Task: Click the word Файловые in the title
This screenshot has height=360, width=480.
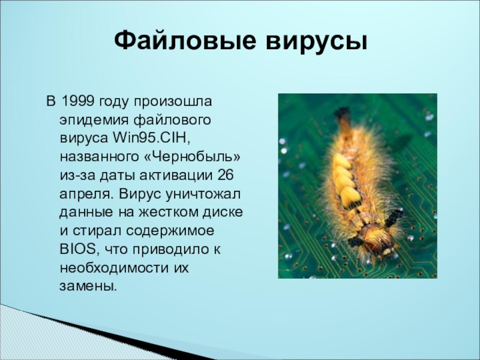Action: click(185, 41)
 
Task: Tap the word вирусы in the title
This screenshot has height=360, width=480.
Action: click(317, 42)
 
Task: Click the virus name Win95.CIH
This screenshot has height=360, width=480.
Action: click(152, 138)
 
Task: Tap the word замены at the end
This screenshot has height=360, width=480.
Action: click(88, 287)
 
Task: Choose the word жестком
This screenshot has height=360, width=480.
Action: click(167, 212)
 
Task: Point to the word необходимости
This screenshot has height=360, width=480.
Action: click(115, 268)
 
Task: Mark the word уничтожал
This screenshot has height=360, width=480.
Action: click(203, 194)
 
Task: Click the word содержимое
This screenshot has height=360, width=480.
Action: click(170, 231)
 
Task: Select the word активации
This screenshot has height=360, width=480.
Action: click(176, 175)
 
